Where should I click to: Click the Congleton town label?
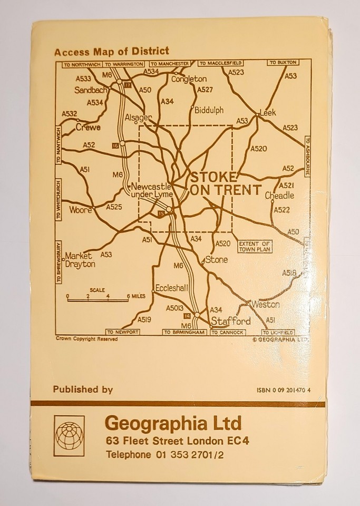[x=189, y=79]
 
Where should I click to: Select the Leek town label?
[x=268, y=113]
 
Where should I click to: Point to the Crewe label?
[x=87, y=127]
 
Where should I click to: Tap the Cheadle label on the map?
[x=279, y=195]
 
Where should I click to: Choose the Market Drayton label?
[x=80, y=260]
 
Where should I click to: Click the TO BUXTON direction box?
[x=280, y=63]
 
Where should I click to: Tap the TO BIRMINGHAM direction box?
[x=184, y=333]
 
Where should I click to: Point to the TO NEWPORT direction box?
[x=122, y=333]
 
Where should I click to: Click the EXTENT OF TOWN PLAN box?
[x=255, y=246]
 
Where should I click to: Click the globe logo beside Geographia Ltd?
[x=69, y=435]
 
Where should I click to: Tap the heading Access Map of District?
[x=111, y=51]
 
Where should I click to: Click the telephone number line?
[x=164, y=454]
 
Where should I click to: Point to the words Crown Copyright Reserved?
[x=86, y=339]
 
